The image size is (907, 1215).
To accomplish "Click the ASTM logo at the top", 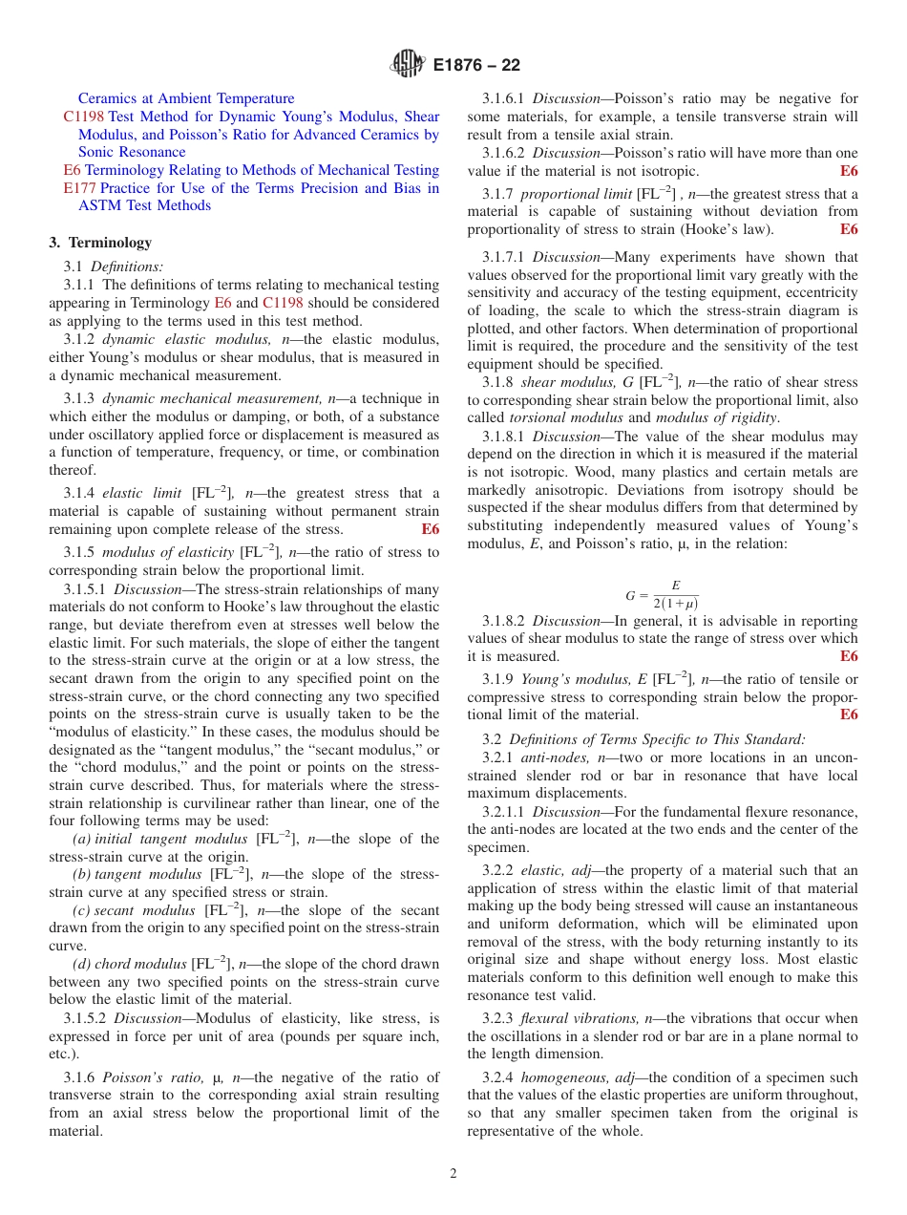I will pos(407,65).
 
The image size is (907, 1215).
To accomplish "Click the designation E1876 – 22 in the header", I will pos(476,66).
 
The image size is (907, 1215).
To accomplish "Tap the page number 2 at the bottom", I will pos(453,1174).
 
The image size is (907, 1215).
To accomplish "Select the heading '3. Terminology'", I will pos(100,243).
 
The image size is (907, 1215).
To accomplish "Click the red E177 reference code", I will pos(79,188).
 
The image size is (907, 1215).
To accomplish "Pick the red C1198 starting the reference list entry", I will pos(84,117).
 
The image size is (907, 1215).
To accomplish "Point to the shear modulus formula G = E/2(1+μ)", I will pos(662,594).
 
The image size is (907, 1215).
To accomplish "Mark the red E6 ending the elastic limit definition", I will pos(431,529).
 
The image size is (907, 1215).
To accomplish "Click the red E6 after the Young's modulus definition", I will pos(849,714).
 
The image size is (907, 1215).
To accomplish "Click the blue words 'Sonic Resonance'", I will pos(132,152).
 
